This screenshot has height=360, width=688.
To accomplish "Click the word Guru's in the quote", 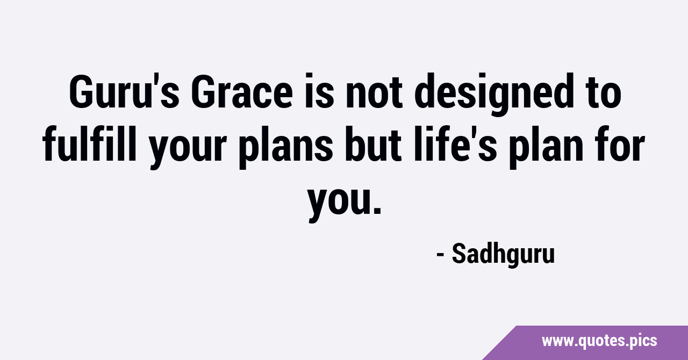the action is tap(124, 92).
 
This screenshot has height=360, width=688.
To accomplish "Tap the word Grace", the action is tap(242, 92).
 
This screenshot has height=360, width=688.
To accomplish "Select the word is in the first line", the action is tap(319, 91).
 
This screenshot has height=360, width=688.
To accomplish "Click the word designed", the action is tap(494, 95).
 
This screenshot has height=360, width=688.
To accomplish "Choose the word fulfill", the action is tap(89, 143).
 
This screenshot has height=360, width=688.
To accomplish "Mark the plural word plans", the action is tap(286, 147).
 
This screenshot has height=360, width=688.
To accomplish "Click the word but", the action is tap(374, 143).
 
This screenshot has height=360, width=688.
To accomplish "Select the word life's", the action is tap(455, 143).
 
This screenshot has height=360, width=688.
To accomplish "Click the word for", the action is tap(620, 143).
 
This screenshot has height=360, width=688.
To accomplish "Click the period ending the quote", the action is tap(377, 210).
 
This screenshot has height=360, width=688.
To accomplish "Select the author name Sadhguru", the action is tap(504, 255).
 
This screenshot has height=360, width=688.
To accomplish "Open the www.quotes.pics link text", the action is tap(599, 341).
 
